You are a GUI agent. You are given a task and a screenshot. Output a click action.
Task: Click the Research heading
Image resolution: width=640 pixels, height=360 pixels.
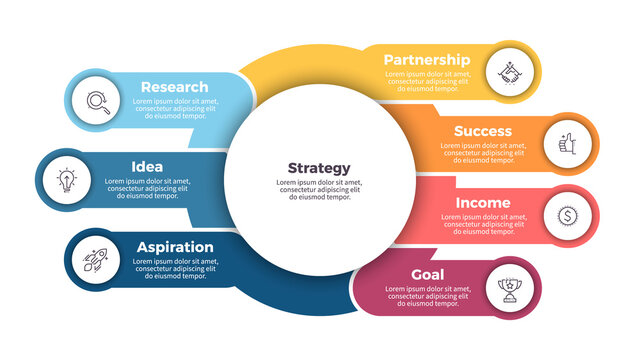(x=174, y=87)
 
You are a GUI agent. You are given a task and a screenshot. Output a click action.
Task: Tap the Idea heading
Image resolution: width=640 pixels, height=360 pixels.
(x=147, y=166)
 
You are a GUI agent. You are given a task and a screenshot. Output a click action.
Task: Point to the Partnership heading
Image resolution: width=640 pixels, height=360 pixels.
(x=426, y=60)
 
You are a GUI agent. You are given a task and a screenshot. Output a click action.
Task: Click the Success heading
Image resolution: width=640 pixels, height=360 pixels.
(x=482, y=131)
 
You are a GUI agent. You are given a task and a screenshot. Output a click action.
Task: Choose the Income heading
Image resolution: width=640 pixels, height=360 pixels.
(x=483, y=203)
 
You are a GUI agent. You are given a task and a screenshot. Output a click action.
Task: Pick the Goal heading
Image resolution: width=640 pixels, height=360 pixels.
(x=428, y=275)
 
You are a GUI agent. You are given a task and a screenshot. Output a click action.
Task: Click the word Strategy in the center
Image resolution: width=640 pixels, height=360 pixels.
(x=319, y=168)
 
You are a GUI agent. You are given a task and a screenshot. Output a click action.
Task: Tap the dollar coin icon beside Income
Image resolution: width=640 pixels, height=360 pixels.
(x=565, y=217)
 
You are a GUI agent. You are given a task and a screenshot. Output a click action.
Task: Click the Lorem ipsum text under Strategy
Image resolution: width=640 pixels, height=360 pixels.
(x=319, y=190)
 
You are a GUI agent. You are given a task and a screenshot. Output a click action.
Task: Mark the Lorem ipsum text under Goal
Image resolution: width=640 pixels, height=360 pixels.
(x=427, y=298)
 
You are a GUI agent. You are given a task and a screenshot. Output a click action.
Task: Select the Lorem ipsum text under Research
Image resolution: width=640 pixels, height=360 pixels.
(x=175, y=109)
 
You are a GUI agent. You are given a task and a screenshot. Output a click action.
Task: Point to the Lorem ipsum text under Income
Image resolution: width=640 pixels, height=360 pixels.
(x=483, y=225)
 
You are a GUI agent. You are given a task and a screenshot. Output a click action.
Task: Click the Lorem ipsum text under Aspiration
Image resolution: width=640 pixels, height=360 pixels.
(x=175, y=269)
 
